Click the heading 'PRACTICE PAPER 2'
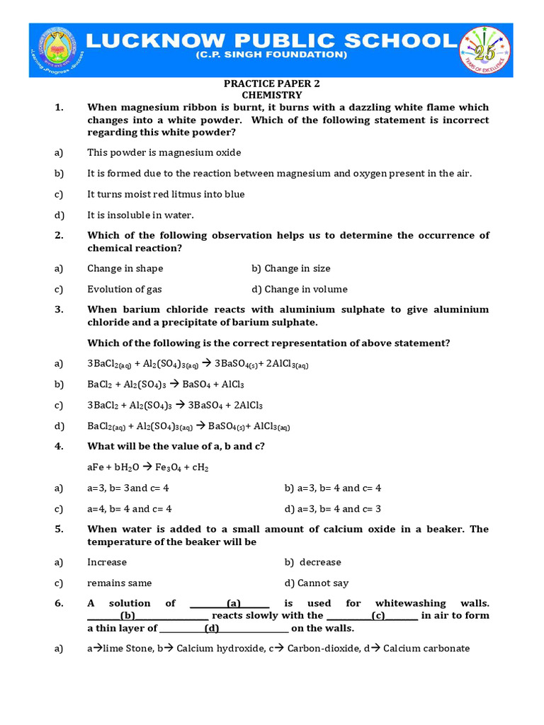point(271,84)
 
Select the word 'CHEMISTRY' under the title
point(271,95)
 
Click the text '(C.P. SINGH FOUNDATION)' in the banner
point(271,55)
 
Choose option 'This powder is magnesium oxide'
point(164,152)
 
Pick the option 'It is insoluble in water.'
point(140,215)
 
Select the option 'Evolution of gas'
point(125,289)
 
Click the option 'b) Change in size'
point(290,268)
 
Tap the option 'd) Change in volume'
point(299,289)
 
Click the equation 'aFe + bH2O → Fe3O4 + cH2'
point(147,467)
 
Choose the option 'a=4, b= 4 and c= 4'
point(129,508)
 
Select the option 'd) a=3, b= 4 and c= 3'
point(332,508)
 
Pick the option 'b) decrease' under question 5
point(312,562)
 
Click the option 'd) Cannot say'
point(316,583)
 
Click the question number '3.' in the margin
point(59,309)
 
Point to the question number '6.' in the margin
point(59,603)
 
